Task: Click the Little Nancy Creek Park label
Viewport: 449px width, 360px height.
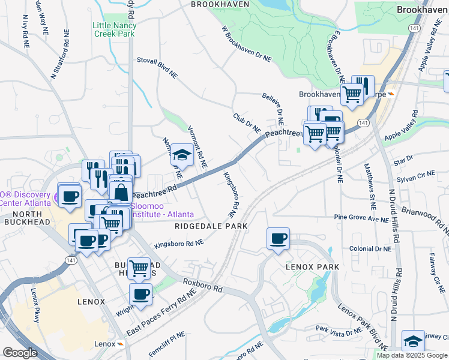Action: point(115,29)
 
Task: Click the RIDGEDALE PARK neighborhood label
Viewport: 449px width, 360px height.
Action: point(211,226)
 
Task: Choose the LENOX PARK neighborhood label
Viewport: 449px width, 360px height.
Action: point(312,266)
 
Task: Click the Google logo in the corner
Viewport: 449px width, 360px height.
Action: point(20,353)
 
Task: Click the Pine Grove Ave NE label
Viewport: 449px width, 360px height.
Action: point(362,218)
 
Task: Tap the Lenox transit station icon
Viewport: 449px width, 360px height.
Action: point(121,344)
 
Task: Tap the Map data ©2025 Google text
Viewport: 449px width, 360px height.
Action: point(412,355)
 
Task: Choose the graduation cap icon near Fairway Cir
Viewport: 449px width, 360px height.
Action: point(412,341)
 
